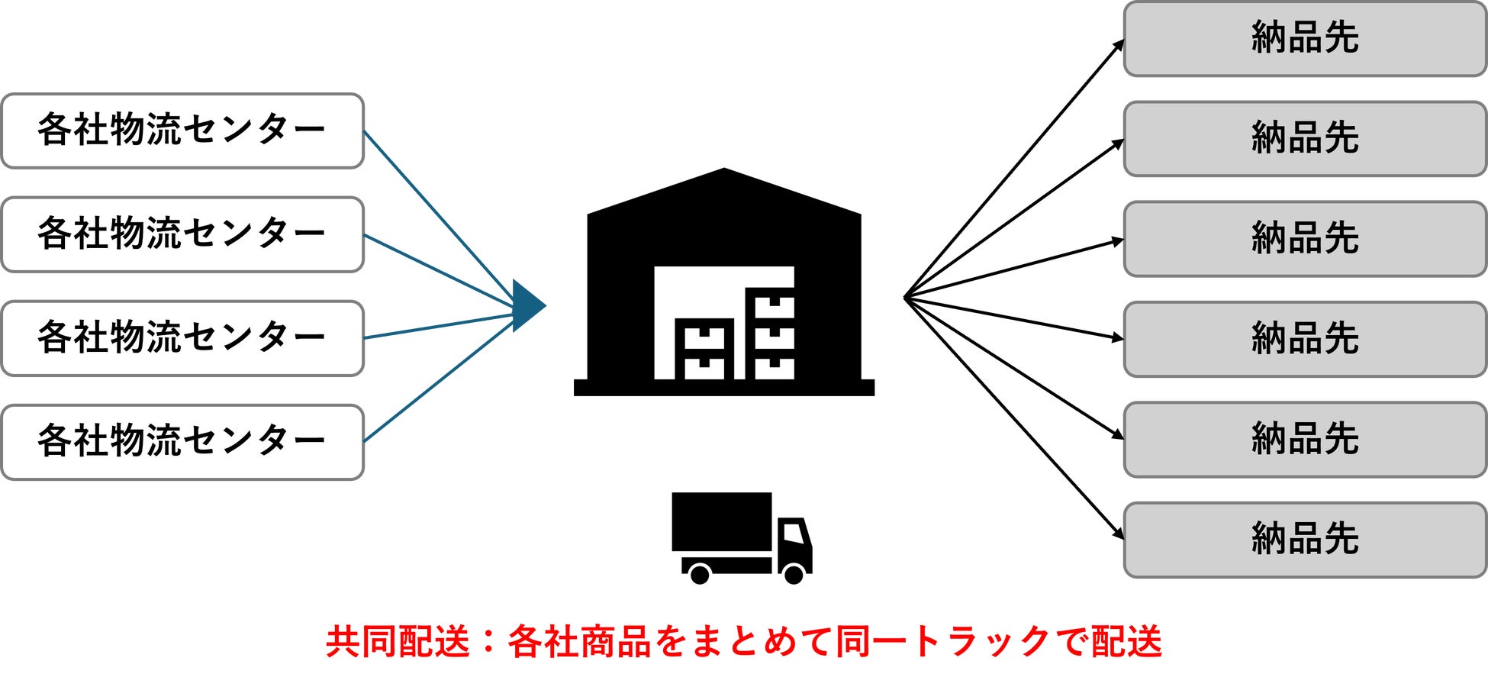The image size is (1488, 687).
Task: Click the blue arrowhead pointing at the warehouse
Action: point(527,306)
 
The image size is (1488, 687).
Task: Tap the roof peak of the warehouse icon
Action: point(723,171)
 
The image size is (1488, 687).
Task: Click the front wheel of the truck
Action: point(794,573)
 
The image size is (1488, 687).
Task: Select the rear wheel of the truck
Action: point(699,573)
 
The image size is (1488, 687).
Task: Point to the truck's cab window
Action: point(793,532)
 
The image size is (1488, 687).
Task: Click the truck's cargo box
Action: point(721,521)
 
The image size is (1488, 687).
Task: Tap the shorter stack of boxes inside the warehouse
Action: point(704,349)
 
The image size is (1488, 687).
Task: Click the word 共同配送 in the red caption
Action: point(397,642)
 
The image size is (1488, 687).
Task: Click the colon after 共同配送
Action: point(488,642)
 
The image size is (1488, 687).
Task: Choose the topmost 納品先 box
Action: point(1305,39)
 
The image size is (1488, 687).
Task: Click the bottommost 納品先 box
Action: point(1305,540)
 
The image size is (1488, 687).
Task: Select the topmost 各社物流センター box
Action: point(182,131)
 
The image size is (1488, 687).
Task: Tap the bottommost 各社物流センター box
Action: point(182,442)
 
